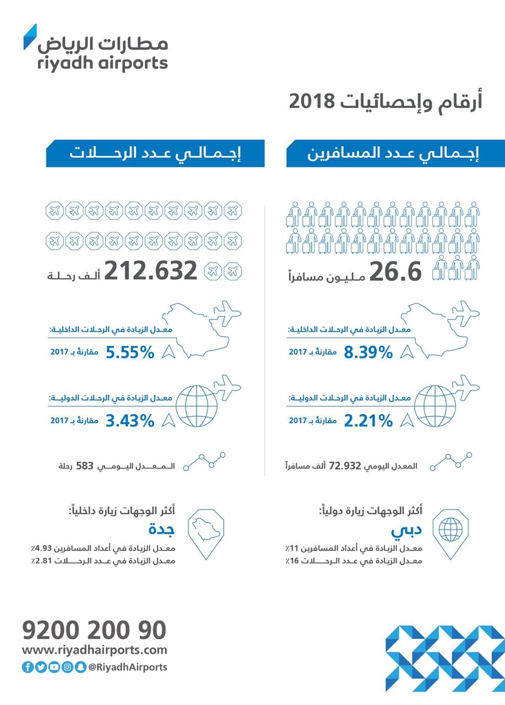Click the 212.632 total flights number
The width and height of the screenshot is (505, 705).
pyautogui.click(x=150, y=270)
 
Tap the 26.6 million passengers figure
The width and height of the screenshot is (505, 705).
pyautogui.click(x=395, y=272)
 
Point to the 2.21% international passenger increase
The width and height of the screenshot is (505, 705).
pyautogui.click(x=368, y=421)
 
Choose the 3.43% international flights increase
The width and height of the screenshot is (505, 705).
pyautogui.click(x=129, y=421)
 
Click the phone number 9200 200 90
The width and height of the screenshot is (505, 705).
pyautogui.click(x=94, y=630)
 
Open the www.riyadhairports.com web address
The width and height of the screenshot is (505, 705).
pyautogui.click(x=94, y=650)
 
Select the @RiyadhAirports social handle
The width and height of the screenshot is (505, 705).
pyautogui.click(x=127, y=667)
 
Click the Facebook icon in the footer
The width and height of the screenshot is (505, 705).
pyautogui.click(x=28, y=667)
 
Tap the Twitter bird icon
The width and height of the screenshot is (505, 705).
pyautogui.click(x=41, y=667)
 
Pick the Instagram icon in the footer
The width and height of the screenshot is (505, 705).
pyautogui.click(x=67, y=667)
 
